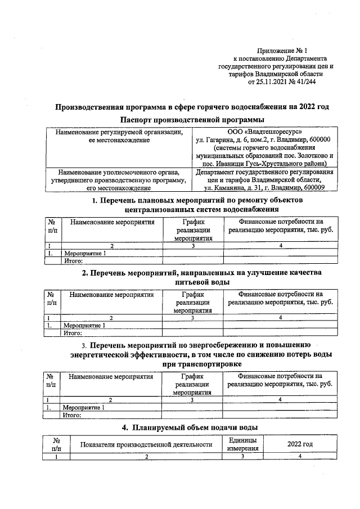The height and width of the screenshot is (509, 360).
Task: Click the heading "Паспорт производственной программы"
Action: pos(192,120)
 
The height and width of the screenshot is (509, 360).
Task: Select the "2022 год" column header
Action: pos(300,444)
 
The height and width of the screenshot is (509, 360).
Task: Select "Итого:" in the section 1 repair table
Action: pos(74,261)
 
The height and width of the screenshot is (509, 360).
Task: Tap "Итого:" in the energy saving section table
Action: pos(74,415)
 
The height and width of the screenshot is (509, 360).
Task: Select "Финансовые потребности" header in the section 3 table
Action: pos(280,380)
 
